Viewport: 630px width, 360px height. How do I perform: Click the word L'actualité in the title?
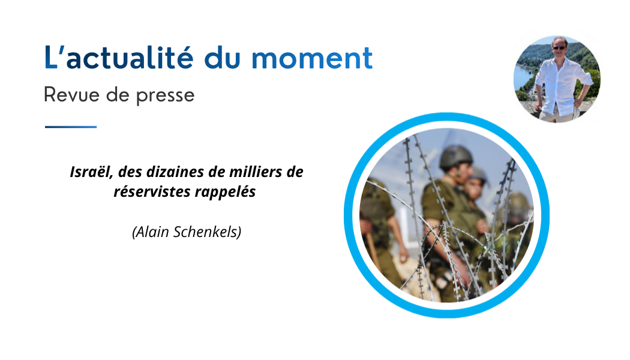click(x=119, y=58)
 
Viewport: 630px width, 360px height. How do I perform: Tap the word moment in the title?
click(x=312, y=58)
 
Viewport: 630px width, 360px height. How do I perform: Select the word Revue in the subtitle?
click(x=71, y=95)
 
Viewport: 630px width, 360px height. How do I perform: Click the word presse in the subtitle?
click(x=165, y=97)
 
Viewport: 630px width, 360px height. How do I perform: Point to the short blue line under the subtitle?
click(x=71, y=127)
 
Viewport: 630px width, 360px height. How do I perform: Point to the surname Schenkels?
click(x=205, y=232)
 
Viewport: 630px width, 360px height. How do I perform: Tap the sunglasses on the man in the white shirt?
click(x=559, y=48)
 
